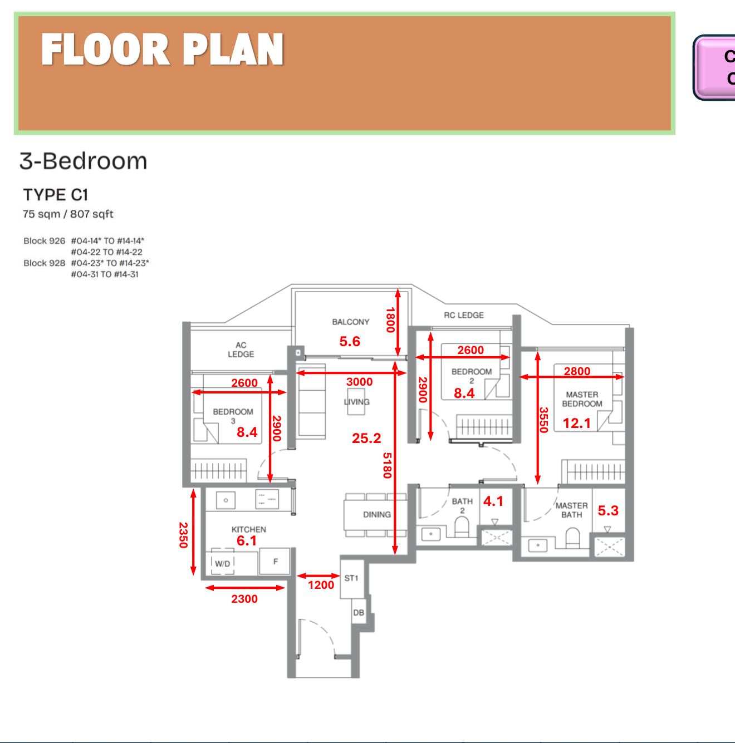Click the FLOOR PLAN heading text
coord(162,50)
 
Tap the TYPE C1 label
coord(56,195)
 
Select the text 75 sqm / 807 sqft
coord(68,214)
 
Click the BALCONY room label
coord(350,322)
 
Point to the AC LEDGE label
coord(241,350)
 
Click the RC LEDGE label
coord(463,315)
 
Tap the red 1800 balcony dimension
coord(390,320)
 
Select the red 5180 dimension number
coord(387,465)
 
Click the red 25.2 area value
coord(366,439)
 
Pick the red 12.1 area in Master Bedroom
coord(576,424)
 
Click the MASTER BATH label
coord(571,510)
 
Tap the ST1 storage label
coord(351,578)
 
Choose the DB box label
coord(359,613)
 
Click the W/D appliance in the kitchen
coord(223,563)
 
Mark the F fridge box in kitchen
coord(275,562)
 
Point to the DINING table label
coord(377,515)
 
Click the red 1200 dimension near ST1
coord(321,585)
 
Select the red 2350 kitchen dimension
coord(183,534)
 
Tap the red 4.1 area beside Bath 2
coord(493,501)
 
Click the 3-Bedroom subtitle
coord(84,161)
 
